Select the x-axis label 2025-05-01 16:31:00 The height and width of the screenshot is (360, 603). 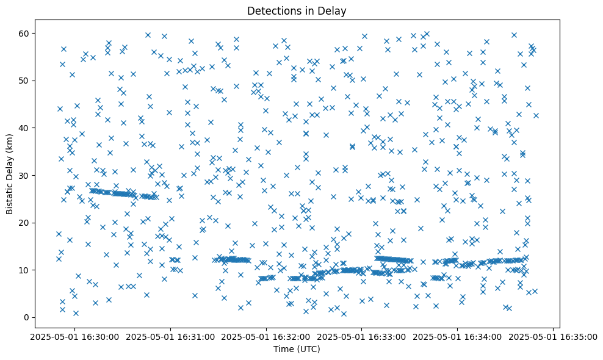tap(171, 336)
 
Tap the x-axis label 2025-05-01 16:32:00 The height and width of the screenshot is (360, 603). tap(266, 336)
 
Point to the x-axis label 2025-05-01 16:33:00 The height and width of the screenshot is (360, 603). tap(362, 336)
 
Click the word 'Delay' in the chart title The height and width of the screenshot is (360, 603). tap(333, 10)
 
